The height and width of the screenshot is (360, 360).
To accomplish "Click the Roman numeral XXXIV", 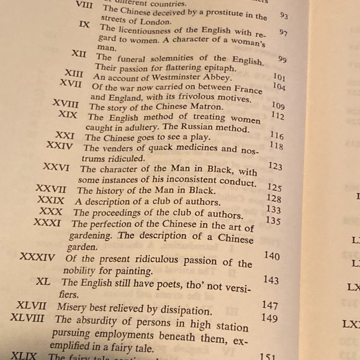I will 37,256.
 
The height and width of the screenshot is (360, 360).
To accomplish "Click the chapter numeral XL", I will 43,281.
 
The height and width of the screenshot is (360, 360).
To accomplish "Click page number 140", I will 271,256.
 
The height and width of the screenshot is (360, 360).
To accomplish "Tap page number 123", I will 275,166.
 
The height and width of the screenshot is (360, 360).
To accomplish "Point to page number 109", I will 277,106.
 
